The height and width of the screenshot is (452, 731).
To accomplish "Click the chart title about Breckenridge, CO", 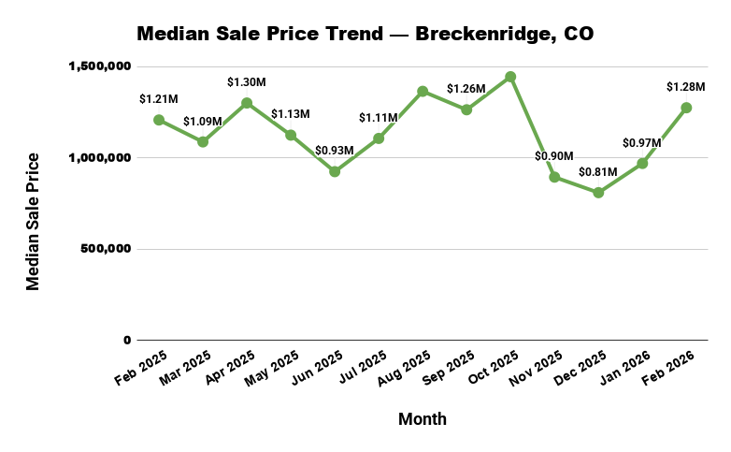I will (x=365, y=35).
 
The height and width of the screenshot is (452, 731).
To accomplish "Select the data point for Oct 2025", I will (x=510, y=77).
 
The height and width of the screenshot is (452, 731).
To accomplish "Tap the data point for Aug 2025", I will (x=423, y=92).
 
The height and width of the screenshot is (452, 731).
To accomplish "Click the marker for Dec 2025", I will (x=598, y=193).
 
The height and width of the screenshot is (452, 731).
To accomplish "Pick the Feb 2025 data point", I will (x=159, y=120).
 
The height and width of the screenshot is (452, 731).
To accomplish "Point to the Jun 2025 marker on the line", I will (x=335, y=171).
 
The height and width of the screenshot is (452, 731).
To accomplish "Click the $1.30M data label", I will (x=247, y=83).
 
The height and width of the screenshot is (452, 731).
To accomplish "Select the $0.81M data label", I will (x=598, y=172).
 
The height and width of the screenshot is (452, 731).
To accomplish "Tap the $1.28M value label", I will (x=685, y=87).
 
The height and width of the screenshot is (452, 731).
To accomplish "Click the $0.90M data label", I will (x=554, y=156).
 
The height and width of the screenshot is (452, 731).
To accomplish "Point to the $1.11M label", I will (x=379, y=118).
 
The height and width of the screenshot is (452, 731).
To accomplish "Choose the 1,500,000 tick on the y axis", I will (x=100, y=67).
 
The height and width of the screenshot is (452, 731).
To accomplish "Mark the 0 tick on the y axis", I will (x=128, y=341).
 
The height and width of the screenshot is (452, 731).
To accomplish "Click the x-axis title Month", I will (x=423, y=419).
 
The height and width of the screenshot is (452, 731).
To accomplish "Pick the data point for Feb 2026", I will (x=686, y=108).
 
